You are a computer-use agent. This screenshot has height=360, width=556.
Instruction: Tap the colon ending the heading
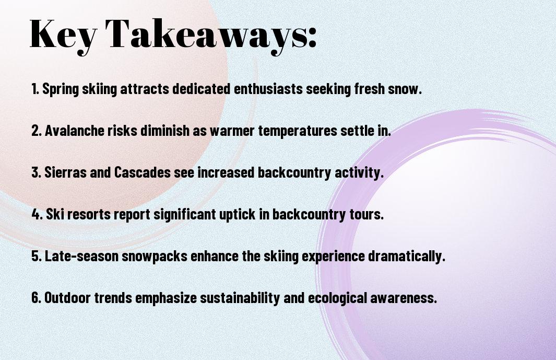(x=312, y=38)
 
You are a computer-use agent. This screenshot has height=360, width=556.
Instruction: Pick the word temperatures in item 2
(x=298, y=131)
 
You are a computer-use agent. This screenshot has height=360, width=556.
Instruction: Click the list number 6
(x=37, y=297)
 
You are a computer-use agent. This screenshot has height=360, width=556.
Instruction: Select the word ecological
(x=337, y=298)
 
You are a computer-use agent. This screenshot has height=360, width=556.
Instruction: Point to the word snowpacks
(x=155, y=257)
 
